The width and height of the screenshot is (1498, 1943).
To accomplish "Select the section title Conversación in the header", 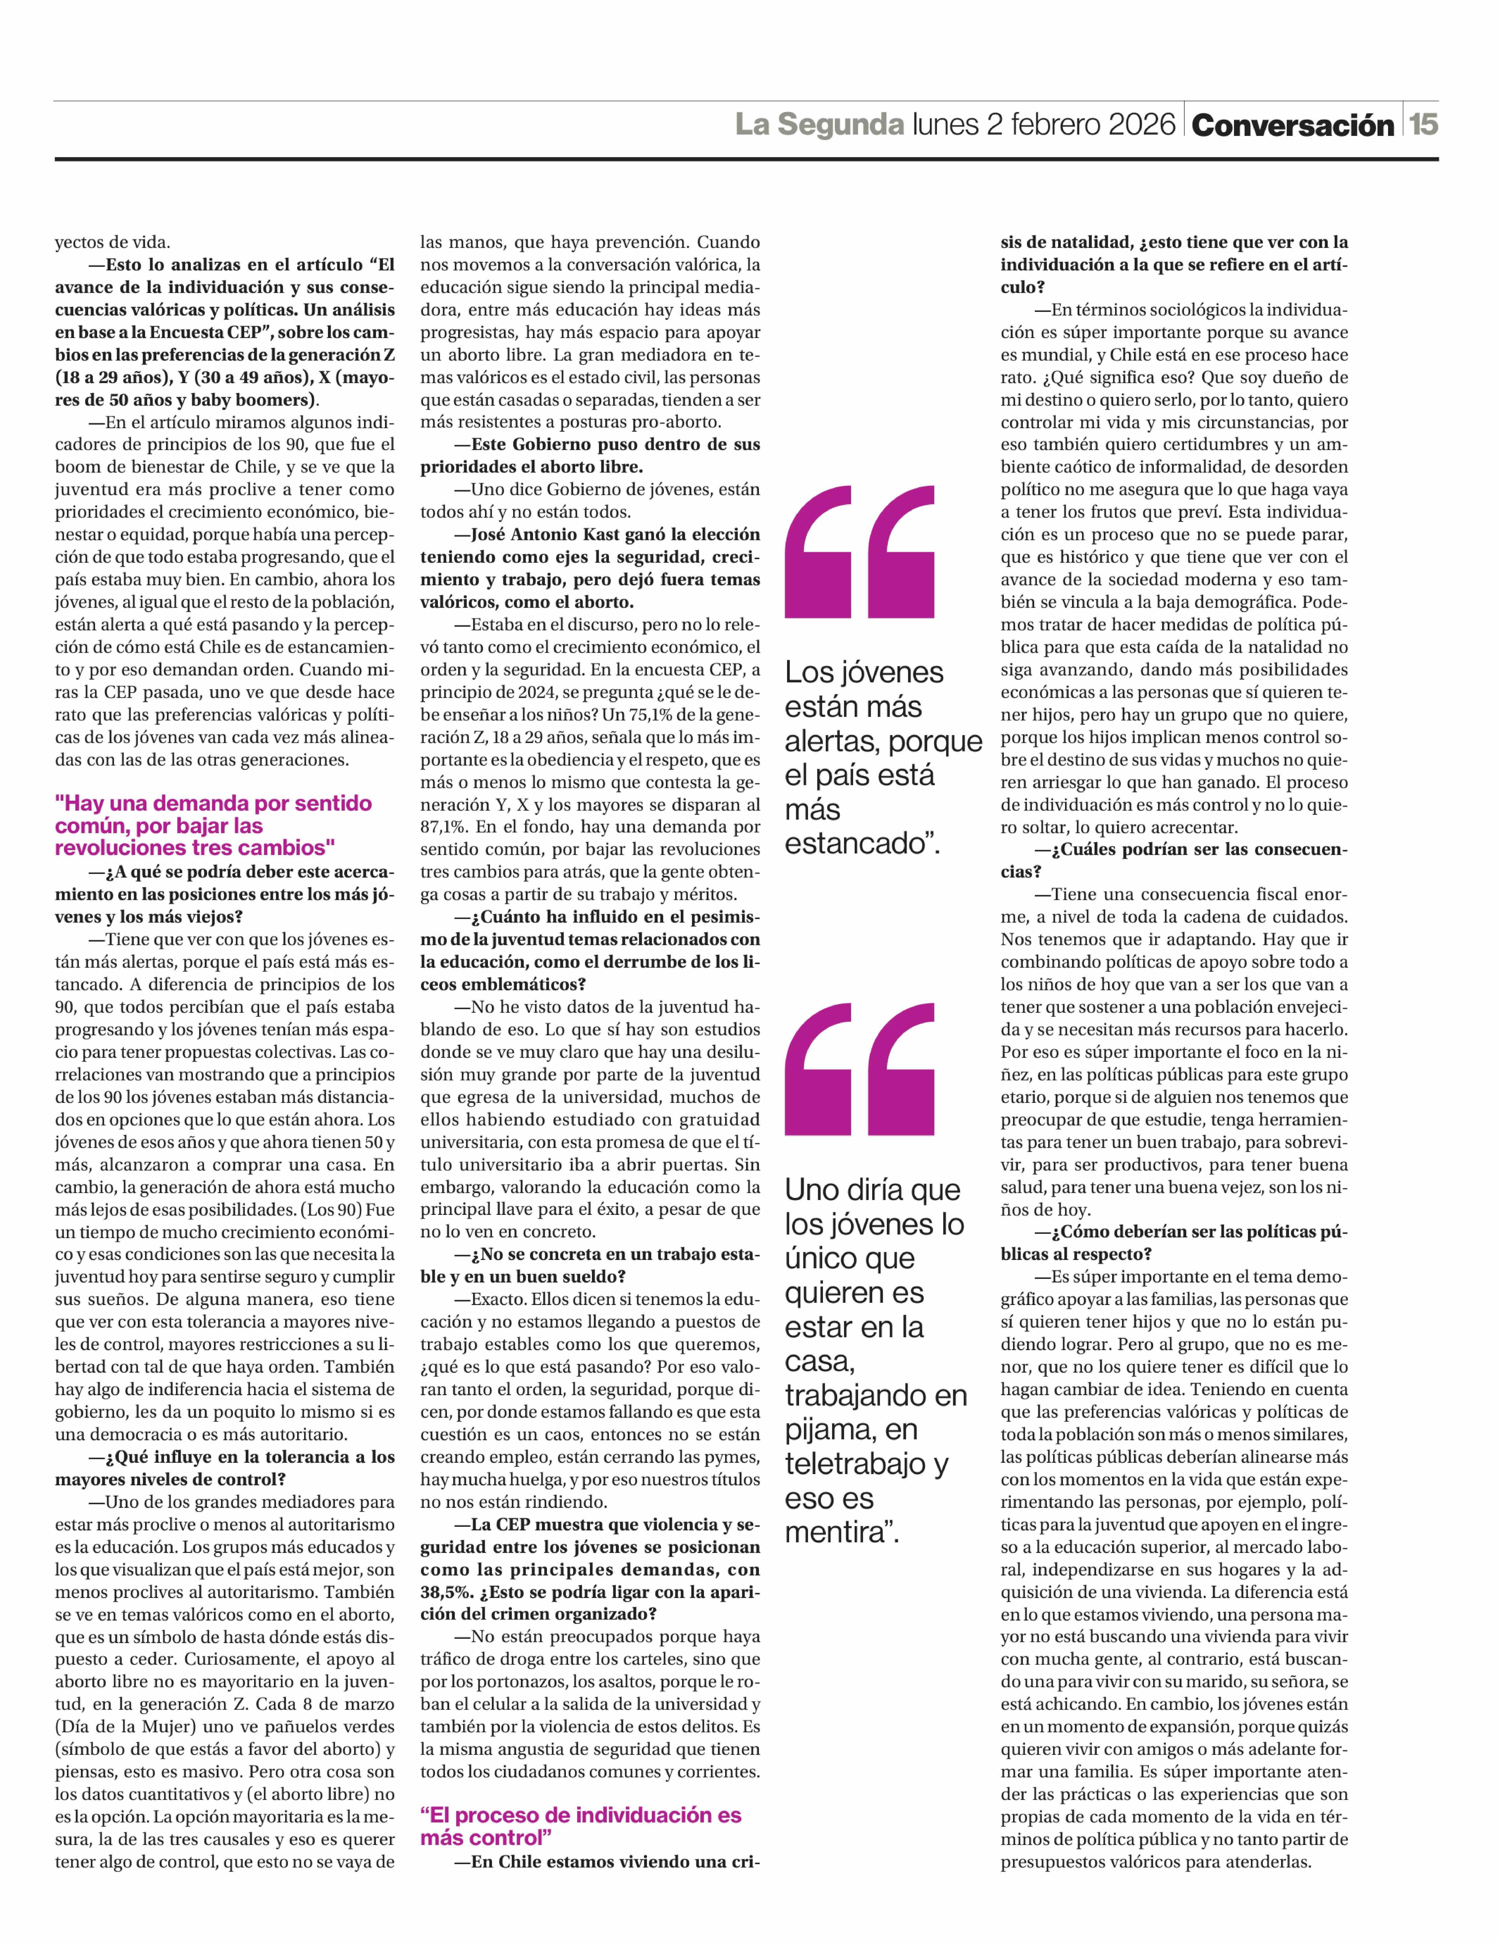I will click(1293, 126).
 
